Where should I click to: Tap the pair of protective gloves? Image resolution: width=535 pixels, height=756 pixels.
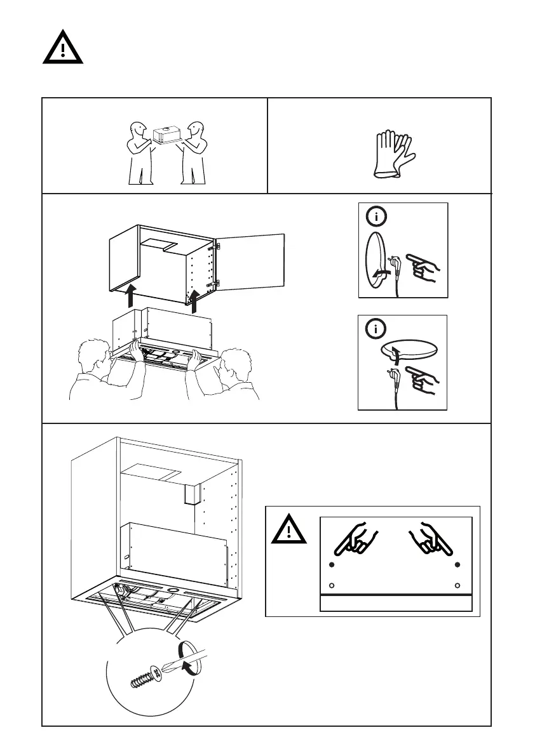tap(393, 154)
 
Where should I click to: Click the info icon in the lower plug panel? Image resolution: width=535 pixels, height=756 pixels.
tap(376, 330)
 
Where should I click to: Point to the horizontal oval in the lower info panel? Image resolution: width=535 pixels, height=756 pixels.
tap(408, 350)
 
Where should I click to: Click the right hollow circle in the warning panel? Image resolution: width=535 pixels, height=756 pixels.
tap(457, 585)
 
